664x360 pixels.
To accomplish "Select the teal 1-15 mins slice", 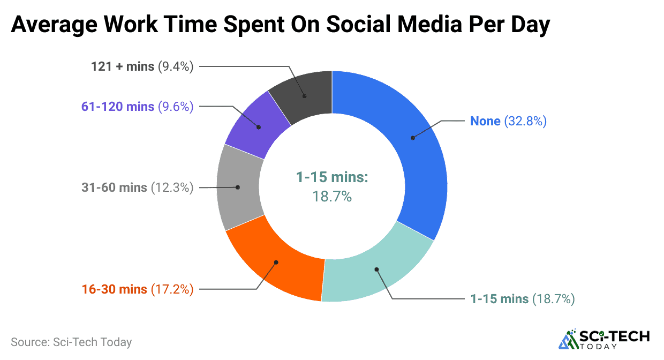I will point(375,271).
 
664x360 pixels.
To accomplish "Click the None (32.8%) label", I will point(508,122).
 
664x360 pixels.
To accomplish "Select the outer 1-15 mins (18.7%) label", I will point(522,299).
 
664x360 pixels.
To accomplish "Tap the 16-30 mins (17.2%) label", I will point(137,289).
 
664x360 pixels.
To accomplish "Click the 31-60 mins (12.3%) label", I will point(137,187).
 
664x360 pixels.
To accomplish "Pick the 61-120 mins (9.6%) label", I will point(137,107).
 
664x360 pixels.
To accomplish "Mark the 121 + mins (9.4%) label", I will point(142,67).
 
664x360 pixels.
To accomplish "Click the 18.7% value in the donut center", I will point(332,197).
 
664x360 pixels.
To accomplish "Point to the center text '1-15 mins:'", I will point(332,178).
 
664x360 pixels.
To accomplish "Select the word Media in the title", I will point(432,25).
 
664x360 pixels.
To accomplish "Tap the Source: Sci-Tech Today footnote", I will point(71,342).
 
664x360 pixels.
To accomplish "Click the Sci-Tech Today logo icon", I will point(568,339).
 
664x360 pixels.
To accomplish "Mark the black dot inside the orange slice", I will point(276,262).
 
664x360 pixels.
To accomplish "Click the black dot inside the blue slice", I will point(413,138).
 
